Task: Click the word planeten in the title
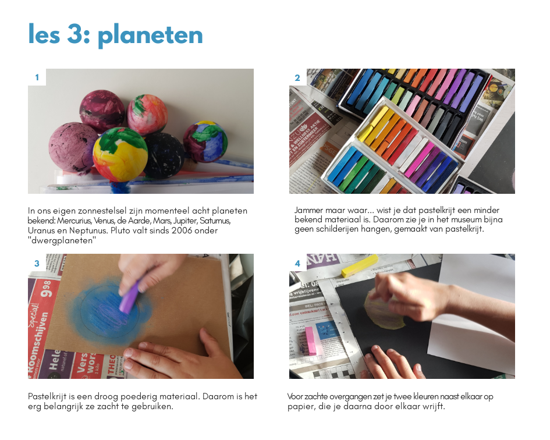pyautogui.click(x=151, y=36)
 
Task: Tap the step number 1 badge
pyautogui.click(x=37, y=77)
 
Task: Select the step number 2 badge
pyautogui.click(x=297, y=77)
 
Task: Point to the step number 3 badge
pyautogui.click(x=37, y=263)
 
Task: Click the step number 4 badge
pyautogui.click(x=297, y=263)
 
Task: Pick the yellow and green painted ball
pyautogui.click(x=120, y=155)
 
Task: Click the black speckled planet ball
pyautogui.click(x=164, y=156)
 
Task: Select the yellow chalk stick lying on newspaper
pyautogui.click(x=360, y=265)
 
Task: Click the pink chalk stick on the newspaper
pyautogui.click(x=310, y=340)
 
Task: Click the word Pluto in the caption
pyautogui.click(x=120, y=230)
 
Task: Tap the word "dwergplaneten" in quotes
pyautogui.click(x=62, y=241)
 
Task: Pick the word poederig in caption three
pyautogui.click(x=139, y=396)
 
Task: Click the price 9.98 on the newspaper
pyautogui.click(x=46, y=289)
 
